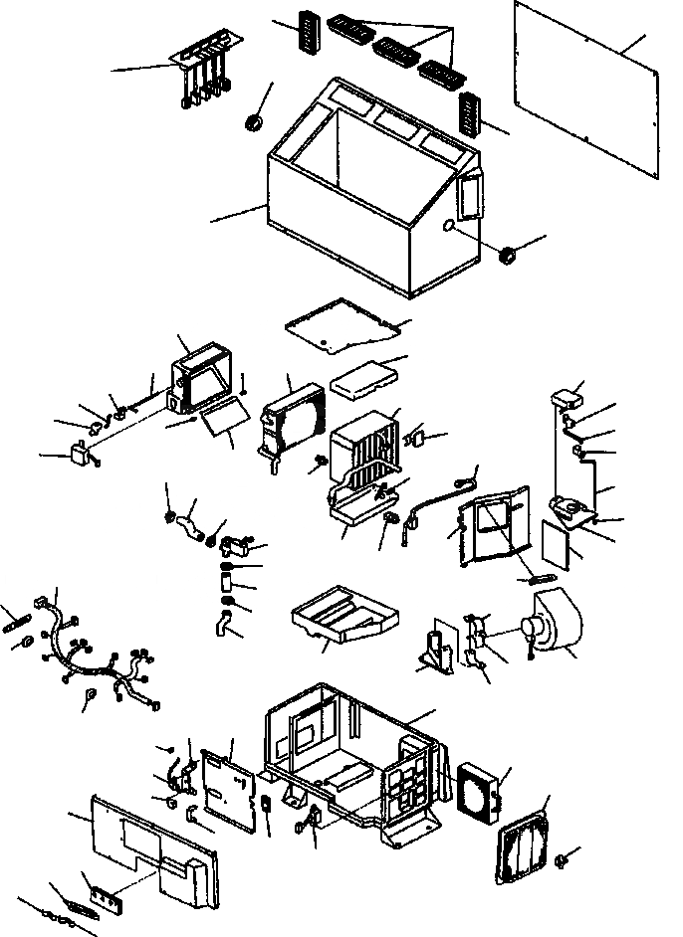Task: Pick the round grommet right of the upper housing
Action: click(507, 256)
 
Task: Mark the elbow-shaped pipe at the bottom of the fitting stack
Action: click(225, 627)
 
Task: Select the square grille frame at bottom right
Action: click(522, 841)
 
